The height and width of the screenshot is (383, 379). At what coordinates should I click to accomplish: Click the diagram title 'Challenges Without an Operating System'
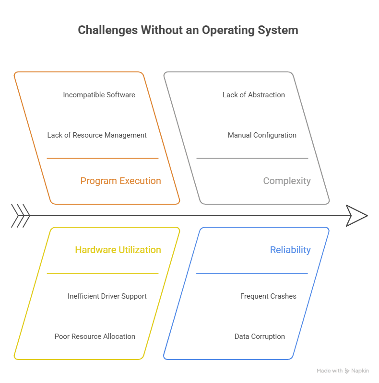(188, 30)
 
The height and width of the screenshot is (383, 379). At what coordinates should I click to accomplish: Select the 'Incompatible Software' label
(99, 95)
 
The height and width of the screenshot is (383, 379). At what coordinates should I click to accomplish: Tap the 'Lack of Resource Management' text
(97, 135)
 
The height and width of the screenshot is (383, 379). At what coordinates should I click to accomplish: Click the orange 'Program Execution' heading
(120, 181)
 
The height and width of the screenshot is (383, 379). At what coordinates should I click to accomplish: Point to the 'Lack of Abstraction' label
(253, 95)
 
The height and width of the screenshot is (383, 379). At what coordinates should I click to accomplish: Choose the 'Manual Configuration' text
(261, 135)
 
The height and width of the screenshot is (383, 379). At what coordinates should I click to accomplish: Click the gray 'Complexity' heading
(286, 181)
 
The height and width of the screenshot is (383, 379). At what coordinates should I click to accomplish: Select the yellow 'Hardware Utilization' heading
(118, 250)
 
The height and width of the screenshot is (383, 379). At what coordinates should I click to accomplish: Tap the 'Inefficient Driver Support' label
(107, 296)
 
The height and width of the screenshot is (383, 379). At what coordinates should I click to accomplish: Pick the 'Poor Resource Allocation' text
(95, 337)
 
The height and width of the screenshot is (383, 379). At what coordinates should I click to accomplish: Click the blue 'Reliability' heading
(290, 250)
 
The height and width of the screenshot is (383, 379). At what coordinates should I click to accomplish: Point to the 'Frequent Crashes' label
(268, 296)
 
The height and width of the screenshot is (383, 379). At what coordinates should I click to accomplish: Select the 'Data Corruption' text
(260, 337)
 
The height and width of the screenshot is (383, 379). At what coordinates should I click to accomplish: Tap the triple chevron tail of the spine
(21, 215)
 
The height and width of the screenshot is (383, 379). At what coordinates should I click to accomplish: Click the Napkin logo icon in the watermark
(347, 371)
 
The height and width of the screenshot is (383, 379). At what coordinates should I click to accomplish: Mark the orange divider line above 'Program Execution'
(102, 158)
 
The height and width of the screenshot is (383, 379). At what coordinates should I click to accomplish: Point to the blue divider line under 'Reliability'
(251, 273)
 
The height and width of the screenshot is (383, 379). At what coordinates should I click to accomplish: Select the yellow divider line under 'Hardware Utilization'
(102, 273)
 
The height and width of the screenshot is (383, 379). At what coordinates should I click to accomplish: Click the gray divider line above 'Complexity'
(252, 158)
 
